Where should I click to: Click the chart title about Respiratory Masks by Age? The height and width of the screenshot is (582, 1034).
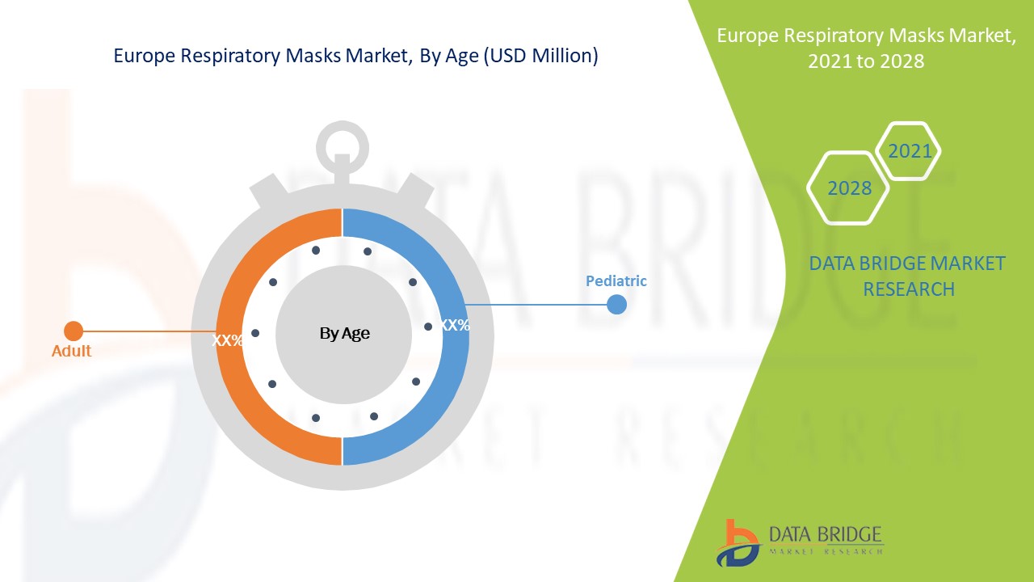355,56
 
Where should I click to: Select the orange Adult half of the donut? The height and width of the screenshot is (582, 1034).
242,388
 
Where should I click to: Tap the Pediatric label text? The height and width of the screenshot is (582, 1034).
616,281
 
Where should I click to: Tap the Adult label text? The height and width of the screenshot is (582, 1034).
71,351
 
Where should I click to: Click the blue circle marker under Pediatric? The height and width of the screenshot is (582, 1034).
616,304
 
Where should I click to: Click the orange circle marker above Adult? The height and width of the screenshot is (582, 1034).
74,331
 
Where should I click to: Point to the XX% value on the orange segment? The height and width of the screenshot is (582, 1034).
228,340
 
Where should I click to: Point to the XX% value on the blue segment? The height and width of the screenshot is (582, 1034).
455,325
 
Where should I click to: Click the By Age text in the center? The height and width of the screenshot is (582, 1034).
344,333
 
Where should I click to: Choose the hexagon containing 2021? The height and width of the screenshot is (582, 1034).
909,150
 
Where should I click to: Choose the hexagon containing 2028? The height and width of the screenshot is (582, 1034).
849,188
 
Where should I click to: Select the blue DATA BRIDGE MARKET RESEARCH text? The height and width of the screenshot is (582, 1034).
908,276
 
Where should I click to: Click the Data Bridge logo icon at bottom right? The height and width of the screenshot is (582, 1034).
737,542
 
